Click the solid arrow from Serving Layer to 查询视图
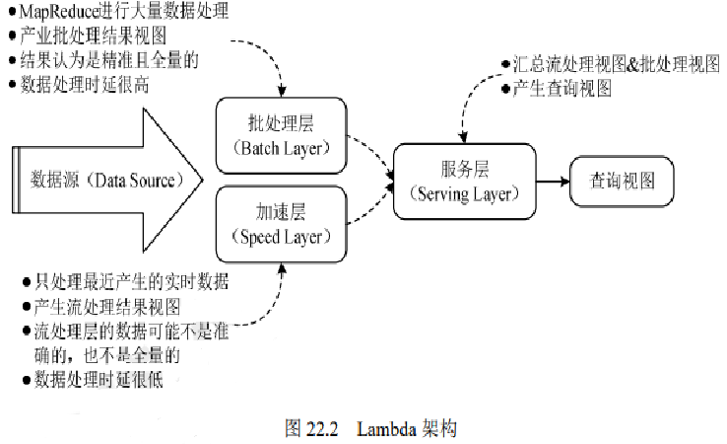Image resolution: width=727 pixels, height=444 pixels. point(554,182)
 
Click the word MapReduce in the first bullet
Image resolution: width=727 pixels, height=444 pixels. point(59,11)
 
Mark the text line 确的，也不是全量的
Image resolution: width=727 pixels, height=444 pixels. point(107,355)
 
